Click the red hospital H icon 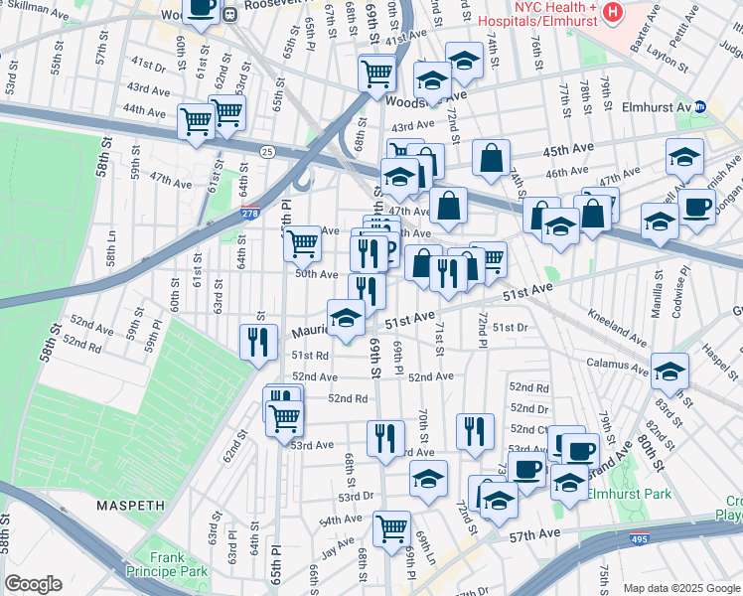click(613, 13)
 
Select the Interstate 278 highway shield click(251, 214)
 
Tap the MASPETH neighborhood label click(130, 506)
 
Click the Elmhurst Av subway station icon click(699, 106)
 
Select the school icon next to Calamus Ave click(669, 371)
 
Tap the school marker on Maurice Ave click(346, 319)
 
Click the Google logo click(33, 584)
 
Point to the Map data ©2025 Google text click(680, 588)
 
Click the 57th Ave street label click(535, 534)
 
